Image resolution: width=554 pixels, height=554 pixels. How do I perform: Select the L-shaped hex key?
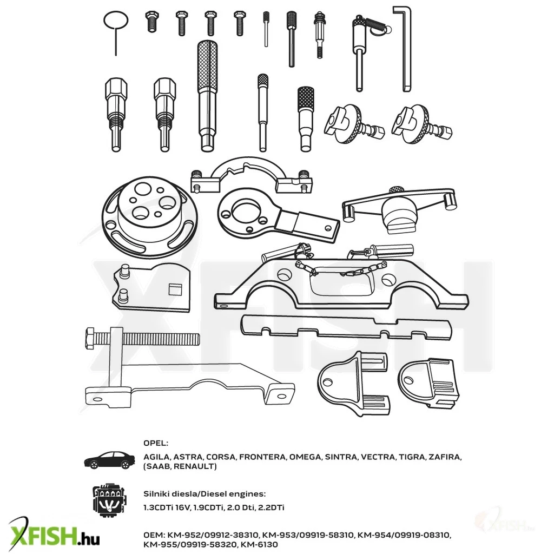[407, 49]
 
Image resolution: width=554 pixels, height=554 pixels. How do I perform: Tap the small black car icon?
[109, 460]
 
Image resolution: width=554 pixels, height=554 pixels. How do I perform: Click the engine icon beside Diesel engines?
[109, 500]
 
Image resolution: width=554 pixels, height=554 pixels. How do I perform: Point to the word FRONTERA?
[262, 457]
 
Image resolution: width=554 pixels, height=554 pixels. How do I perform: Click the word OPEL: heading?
[156, 443]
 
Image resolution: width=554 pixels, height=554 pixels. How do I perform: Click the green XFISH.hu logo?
[53, 536]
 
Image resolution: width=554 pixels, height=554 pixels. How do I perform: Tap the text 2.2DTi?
[271, 507]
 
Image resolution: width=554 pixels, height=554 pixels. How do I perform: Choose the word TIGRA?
[412, 457]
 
